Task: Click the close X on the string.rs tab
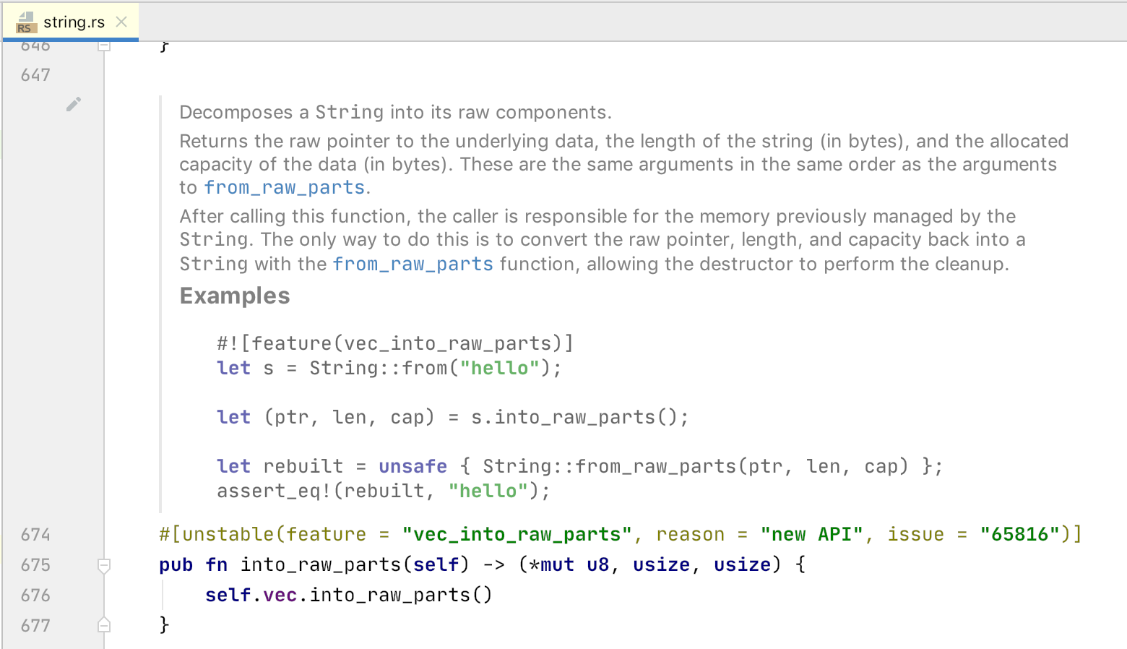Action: [x=121, y=22]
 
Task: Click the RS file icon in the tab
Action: [x=25, y=22]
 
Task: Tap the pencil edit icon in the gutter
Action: [x=73, y=105]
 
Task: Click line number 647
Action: [x=35, y=75]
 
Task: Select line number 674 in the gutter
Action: [x=35, y=535]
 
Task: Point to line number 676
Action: [x=35, y=596]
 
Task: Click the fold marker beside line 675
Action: [x=104, y=565]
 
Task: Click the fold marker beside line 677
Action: [x=104, y=625]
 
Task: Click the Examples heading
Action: [x=235, y=296]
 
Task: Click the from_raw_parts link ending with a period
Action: [x=284, y=188]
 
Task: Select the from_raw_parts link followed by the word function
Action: [x=413, y=265]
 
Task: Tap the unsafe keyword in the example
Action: [x=413, y=467]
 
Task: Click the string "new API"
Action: [x=811, y=535]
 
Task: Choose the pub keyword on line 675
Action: [x=176, y=565]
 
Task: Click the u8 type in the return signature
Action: [x=597, y=565]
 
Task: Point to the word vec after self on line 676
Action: [x=280, y=596]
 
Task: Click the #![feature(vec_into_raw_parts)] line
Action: [x=394, y=344]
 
